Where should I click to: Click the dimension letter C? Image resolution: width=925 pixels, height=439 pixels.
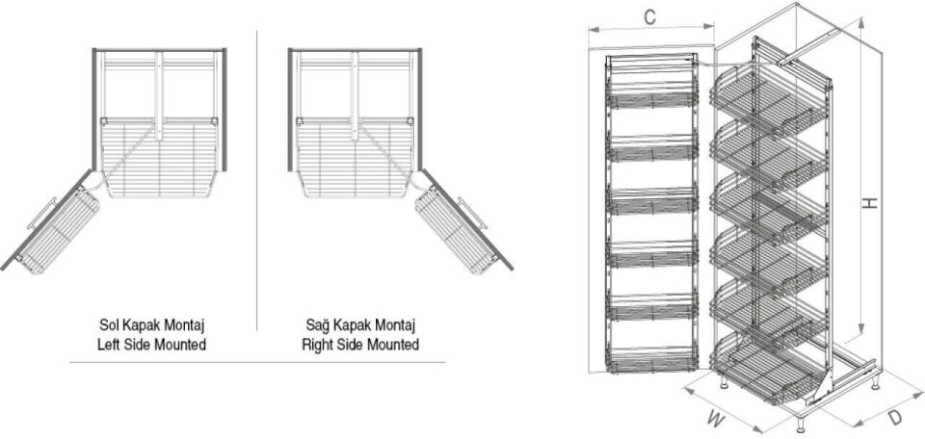pyautogui.click(x=650, y=16)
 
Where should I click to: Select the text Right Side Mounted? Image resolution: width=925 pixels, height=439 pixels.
pyautogui.click(x=359, y=344)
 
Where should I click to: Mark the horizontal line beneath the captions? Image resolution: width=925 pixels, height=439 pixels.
pyautogui.click(x=256, y=363)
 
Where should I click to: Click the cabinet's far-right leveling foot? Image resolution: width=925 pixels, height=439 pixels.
pyautogui.click(x=875, y=382)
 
